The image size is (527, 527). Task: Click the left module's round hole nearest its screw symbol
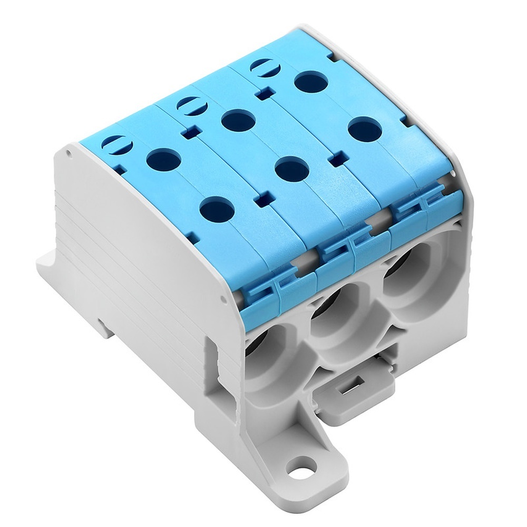click(x=163, y=159)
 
